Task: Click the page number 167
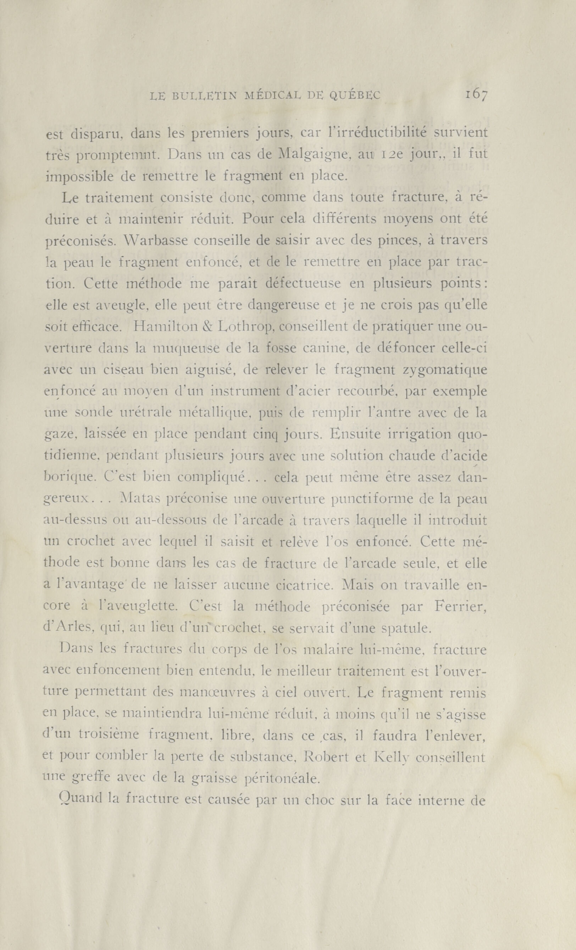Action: click(476, 95)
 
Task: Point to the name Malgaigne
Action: click(313, 155)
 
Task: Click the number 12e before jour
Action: click(392, 155)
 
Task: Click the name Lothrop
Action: click(245, 327)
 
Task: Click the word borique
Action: click(71, 478)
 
